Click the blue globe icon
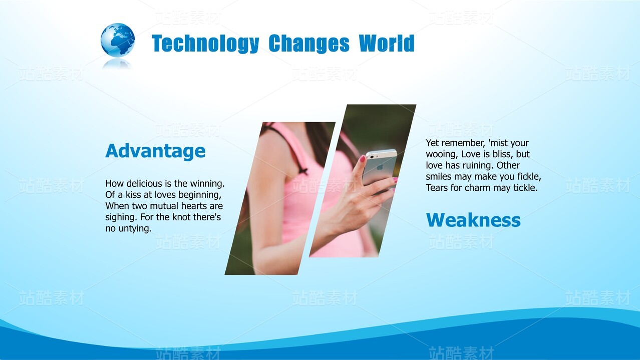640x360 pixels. coord(118,40)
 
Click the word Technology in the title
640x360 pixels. coord(205,44)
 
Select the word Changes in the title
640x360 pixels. coord(309,44)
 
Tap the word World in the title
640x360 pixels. coord(387,43)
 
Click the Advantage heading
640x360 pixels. coord(155,151)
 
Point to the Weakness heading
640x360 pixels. coord(473,220)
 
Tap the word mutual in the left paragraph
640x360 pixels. coord(164,206)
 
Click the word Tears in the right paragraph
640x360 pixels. coord(435,188)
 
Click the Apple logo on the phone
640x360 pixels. coord(380,167)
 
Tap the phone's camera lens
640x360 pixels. coord(372,157)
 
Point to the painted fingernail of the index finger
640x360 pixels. coord(362,159)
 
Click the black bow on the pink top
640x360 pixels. coord(303,171)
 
